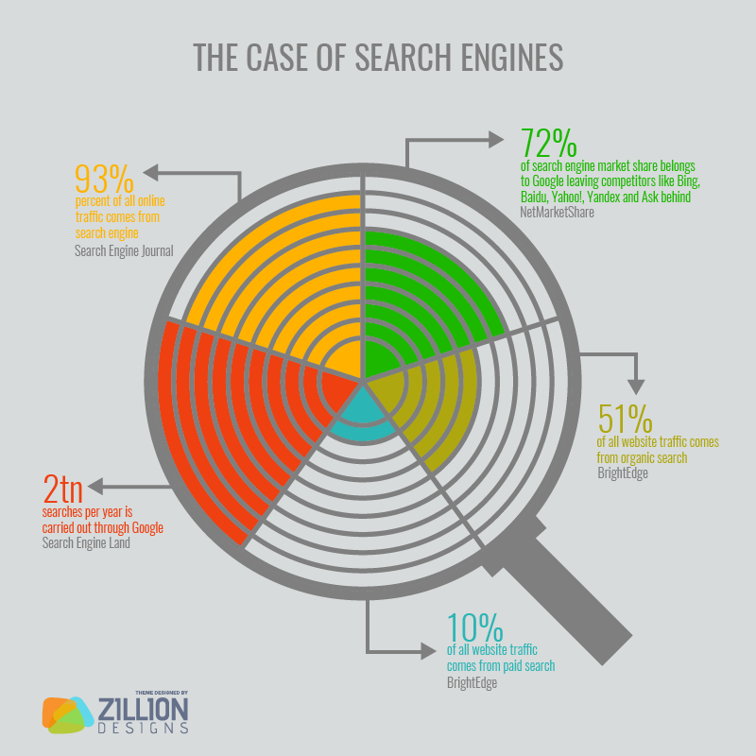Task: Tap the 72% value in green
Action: [548, 144]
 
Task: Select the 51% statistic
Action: [625, 419]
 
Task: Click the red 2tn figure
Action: [63, 490]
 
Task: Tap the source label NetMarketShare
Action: [558, 213]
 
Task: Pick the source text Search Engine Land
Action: [86, 543]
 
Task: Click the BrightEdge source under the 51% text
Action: [623, 472]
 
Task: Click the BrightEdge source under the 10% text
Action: [472, 682]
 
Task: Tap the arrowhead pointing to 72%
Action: [497, 140]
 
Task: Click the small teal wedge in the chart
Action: [362, 416]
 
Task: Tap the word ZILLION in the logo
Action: [143, 709]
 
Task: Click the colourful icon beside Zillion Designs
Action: [67, 714]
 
